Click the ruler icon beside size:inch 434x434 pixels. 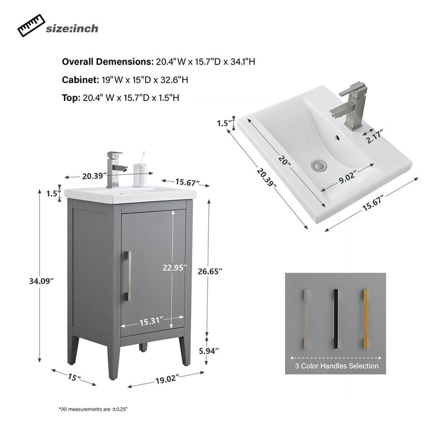click(31, 25)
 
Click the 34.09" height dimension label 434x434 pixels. click(42, 281)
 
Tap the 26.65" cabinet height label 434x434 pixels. click(210, 272)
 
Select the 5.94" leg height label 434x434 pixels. click(209, 351)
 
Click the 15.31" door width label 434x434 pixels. click(151, 321)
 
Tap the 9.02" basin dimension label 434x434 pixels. click(347, 177)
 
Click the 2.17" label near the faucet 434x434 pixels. click(374, 136)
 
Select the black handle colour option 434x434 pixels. click(336, 319)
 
